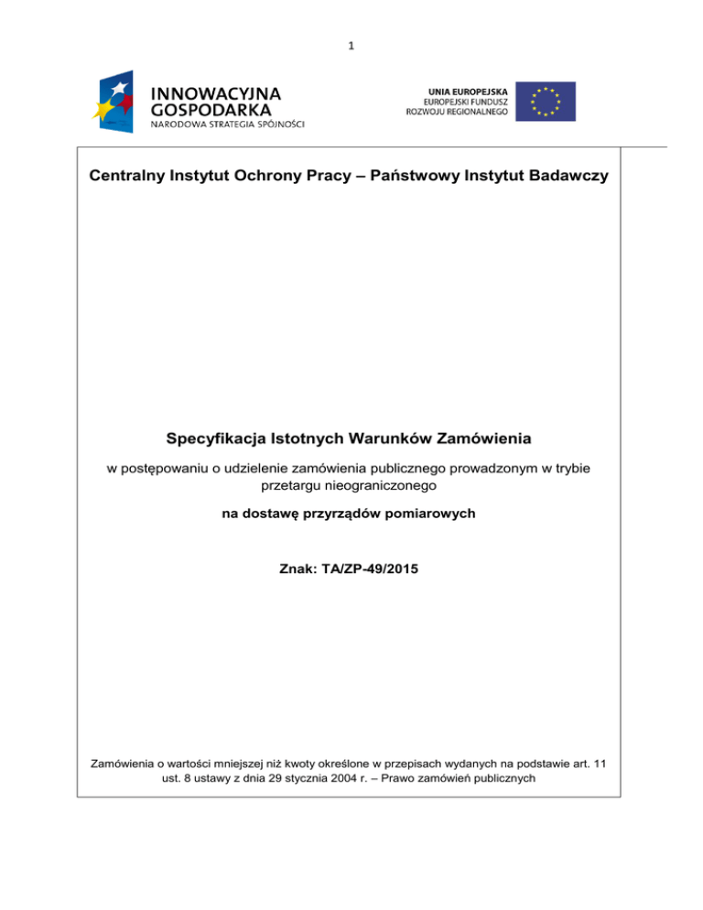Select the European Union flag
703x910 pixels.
coord(545,101)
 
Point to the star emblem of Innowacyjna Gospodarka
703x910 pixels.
coord(115,102)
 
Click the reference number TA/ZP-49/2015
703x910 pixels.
coord(371,569)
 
